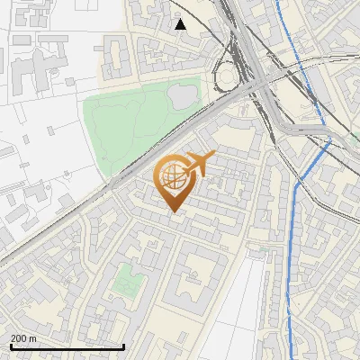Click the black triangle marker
pyautogui.click(x=181, y=24)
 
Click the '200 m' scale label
pyautogui.click(x=23, y=338)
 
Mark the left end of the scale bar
pyautogui.click(x=10, y=346)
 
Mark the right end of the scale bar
pyautogui.click(x=123, y=346)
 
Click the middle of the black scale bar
pyautogui.click(x=67, y=346)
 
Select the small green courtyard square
pyautogui.click(x=127, y=281)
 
